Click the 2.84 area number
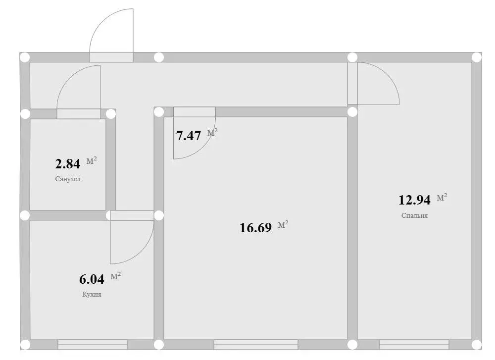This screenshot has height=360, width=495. [x=67, y=163]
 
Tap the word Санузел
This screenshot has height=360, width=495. [x=68, y=179]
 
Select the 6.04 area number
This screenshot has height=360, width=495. [x=92, y=279]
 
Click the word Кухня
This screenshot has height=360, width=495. [x=92, y=294]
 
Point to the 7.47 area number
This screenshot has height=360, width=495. [x=189, y=136]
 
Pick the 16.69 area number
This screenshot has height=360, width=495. [x=255, y=228]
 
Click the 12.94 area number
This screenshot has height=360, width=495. [x=415, y=200]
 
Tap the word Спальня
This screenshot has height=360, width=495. [x=415, y=216]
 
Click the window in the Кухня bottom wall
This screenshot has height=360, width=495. [x=93, y=344]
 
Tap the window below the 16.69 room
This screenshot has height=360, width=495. [x=255, y=344]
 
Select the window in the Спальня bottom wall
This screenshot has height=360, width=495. [x=414, y=344]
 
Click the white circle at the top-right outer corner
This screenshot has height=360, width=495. [x=476, y=57]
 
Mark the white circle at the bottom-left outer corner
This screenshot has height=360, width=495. [x=25, y=344]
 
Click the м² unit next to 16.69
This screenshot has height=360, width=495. [x=283, y=225]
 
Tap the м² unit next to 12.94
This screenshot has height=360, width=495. [x=442, y=198]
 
